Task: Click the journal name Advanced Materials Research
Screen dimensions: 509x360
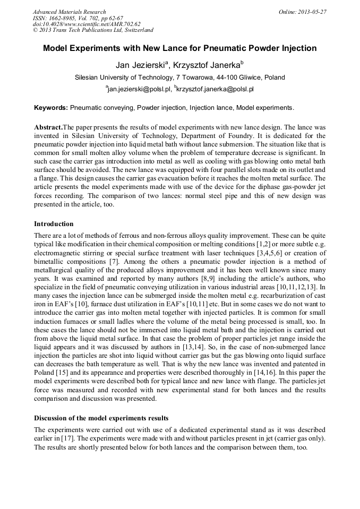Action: pyautogui.click(x=69, y=12)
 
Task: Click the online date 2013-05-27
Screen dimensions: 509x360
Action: pyautogui.click(x=314, y=12)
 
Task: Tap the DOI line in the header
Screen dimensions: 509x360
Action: pyautogui.click(x=87, y=24)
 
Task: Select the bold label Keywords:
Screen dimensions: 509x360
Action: pyautogui.click(x=51, y=108)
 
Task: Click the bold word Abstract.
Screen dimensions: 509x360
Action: pyautogui.click(x=48, y=128)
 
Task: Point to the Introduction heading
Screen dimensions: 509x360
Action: pyautogui.click(x=54, y=224)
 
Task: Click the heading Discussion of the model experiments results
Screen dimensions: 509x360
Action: pyautogui.click(x=101, y=418)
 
